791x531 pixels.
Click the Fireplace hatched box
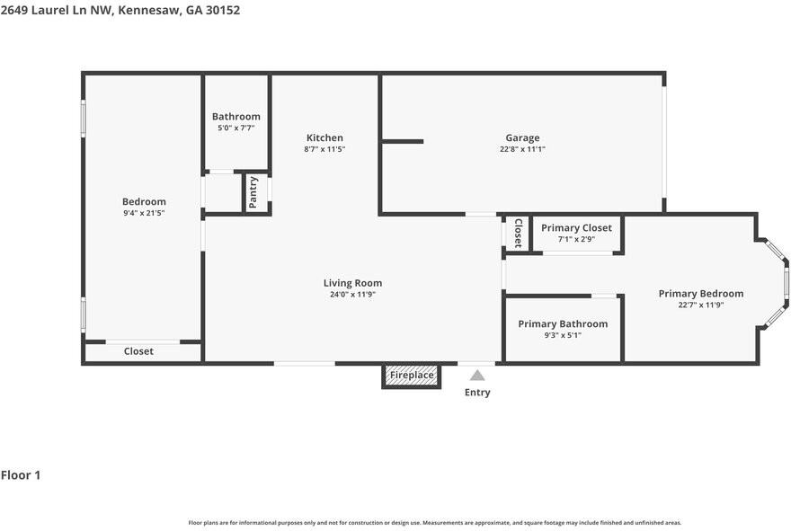coord(412,376)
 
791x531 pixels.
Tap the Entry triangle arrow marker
coord(477,376)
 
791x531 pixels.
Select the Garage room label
coord(522,137)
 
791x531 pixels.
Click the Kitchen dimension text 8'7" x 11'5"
coord(324,149)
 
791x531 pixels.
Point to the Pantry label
coord(253,192)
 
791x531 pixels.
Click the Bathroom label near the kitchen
coord(236,117)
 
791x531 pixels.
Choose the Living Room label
coord(352,283)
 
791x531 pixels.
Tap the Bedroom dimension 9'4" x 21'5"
coord(144,213)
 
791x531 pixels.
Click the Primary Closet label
coord(576,228)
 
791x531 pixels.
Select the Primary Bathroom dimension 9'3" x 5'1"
coord(563,335)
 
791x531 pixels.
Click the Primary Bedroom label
coord(700,294)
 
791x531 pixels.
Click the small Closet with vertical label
coord(518,234)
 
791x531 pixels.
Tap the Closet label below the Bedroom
coord(138,351)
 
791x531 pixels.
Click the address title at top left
coord(120,11)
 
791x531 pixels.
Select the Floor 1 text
coord(21,475)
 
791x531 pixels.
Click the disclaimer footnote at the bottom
coord(434,522)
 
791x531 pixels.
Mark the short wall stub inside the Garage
coord(402,141)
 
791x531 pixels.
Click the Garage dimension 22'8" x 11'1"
coord(522,149)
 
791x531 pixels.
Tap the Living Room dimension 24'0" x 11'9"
coord(352,294)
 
